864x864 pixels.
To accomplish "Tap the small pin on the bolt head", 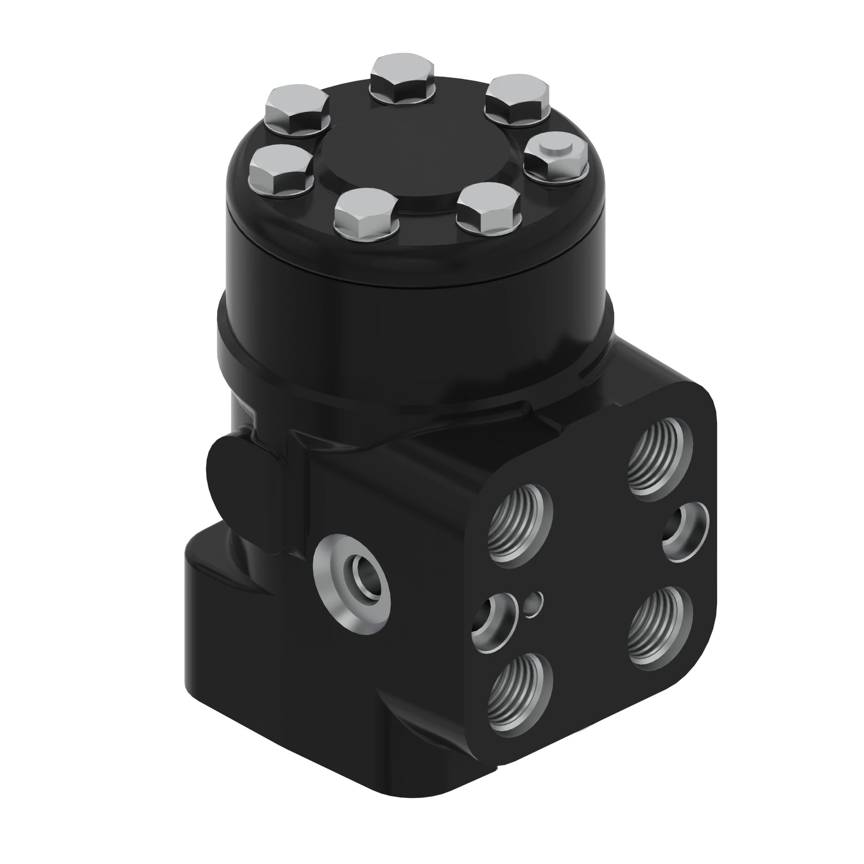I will (x=555, y=148).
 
